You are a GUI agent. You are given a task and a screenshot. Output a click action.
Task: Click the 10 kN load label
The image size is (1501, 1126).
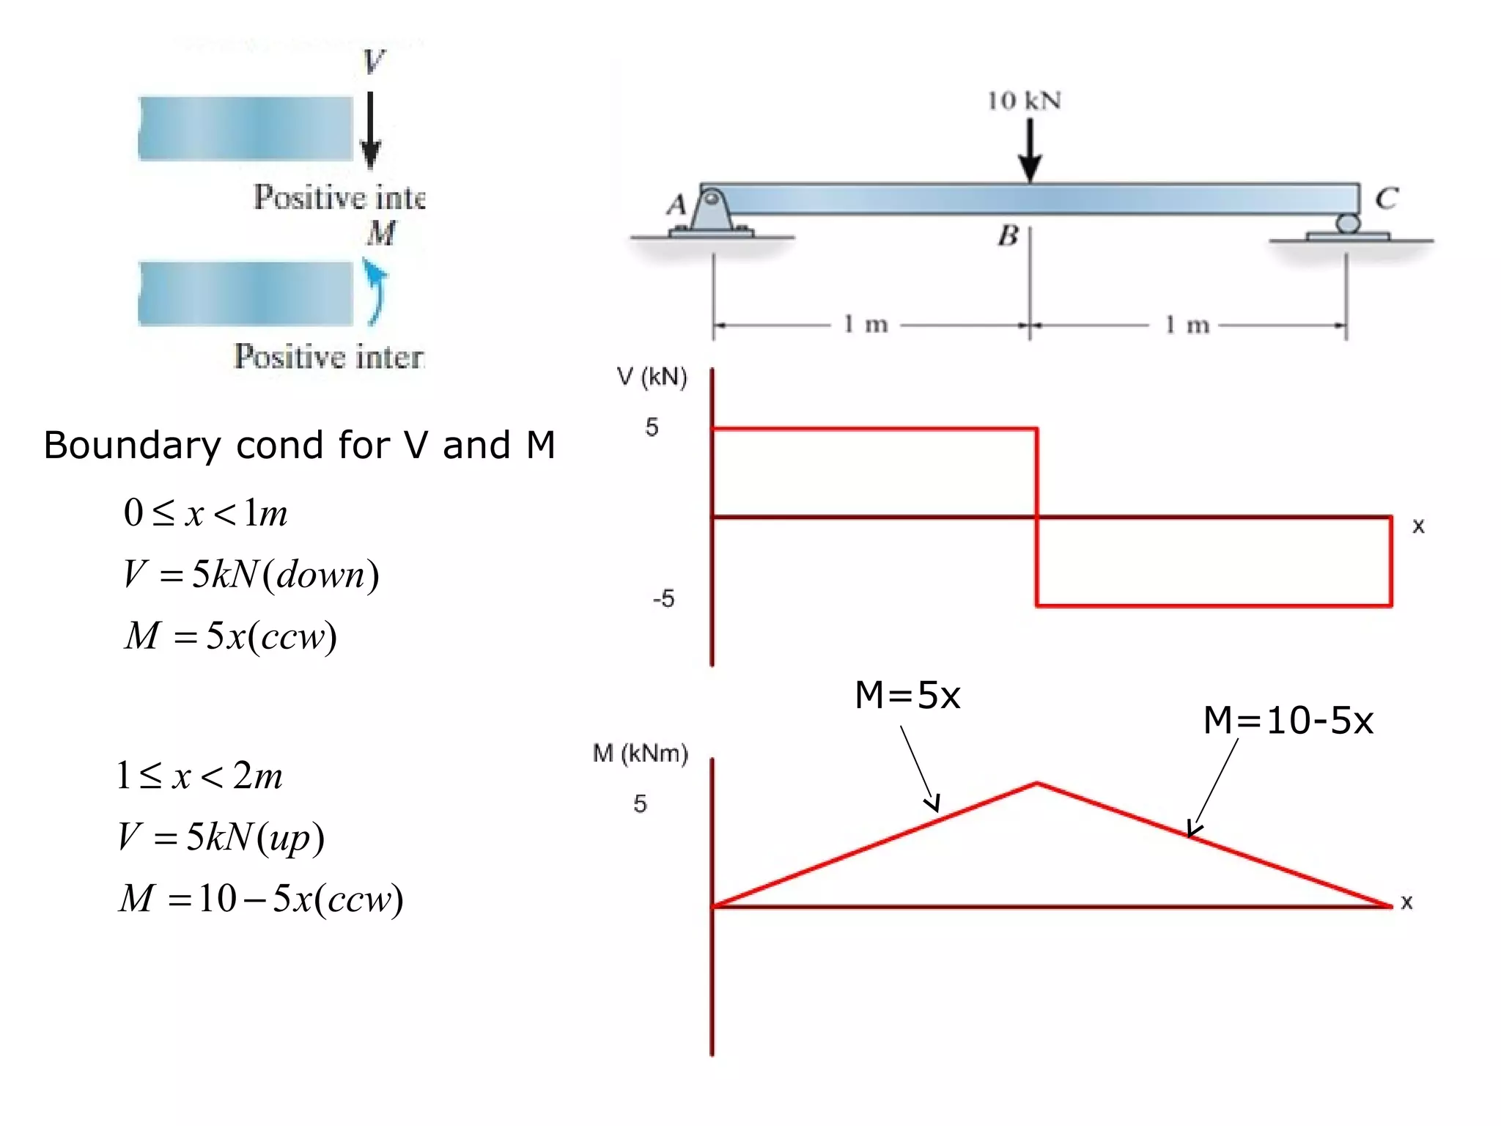click(1024, 100)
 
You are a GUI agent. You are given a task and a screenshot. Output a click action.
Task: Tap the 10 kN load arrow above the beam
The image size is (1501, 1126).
click(1030, 150)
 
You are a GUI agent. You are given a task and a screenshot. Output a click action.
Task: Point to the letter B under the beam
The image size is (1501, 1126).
click(1008, 236)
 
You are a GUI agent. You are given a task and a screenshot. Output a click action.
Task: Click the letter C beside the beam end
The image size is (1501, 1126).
click(1386, 198)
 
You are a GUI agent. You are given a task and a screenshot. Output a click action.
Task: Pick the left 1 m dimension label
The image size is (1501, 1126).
click(865, 323)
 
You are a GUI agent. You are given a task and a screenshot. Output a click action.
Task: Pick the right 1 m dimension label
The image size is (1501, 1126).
click(1187, 324)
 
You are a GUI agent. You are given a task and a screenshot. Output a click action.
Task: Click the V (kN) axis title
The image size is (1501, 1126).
click(652, 377)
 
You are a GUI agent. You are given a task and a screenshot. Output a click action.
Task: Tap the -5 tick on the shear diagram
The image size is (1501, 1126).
click(663, 599)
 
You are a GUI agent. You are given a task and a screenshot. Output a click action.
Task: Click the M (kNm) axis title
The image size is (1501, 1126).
click(640, 753)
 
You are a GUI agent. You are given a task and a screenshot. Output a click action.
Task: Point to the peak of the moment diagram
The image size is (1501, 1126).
click(1036, 784)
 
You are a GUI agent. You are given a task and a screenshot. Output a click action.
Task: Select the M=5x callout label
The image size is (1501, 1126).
click(907, 694)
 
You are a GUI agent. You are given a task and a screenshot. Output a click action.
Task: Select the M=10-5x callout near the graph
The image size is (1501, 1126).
click(1288, 720)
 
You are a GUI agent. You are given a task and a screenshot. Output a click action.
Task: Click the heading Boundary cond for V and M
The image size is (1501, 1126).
click(299, 445)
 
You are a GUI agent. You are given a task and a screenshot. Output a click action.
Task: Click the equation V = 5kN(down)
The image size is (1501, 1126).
click(251, 574)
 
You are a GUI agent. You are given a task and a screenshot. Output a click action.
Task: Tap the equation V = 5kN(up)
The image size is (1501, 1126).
click(221, 836)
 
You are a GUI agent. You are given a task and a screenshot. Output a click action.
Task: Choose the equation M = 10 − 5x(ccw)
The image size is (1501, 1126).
click(261, 898)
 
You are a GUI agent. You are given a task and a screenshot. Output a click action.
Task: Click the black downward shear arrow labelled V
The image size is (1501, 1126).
click(371, 130)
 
